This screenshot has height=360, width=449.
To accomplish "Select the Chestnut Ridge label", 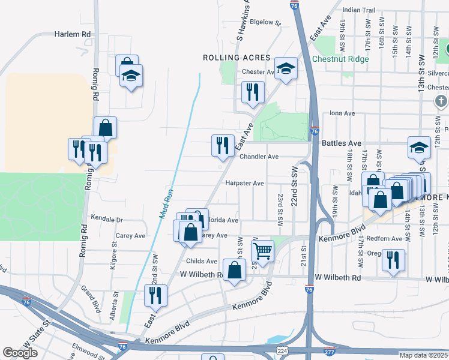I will coord(340,59).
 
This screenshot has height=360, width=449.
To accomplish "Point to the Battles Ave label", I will coord(342,143).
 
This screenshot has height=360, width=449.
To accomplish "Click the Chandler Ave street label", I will coord(259,157).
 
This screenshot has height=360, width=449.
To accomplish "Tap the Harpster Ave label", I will coord(244,183).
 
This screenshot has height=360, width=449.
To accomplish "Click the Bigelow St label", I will coord(265,22).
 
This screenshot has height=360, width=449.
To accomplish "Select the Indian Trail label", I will coord(358,10).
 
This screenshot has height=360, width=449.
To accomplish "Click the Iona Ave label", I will coord(343,113).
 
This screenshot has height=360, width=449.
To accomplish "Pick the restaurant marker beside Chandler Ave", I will coord(222,145).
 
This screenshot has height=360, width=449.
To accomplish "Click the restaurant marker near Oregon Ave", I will coord(393,259).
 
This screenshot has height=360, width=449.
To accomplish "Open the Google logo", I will coord(20,352).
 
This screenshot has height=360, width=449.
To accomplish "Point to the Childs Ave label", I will coord(202,261).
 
